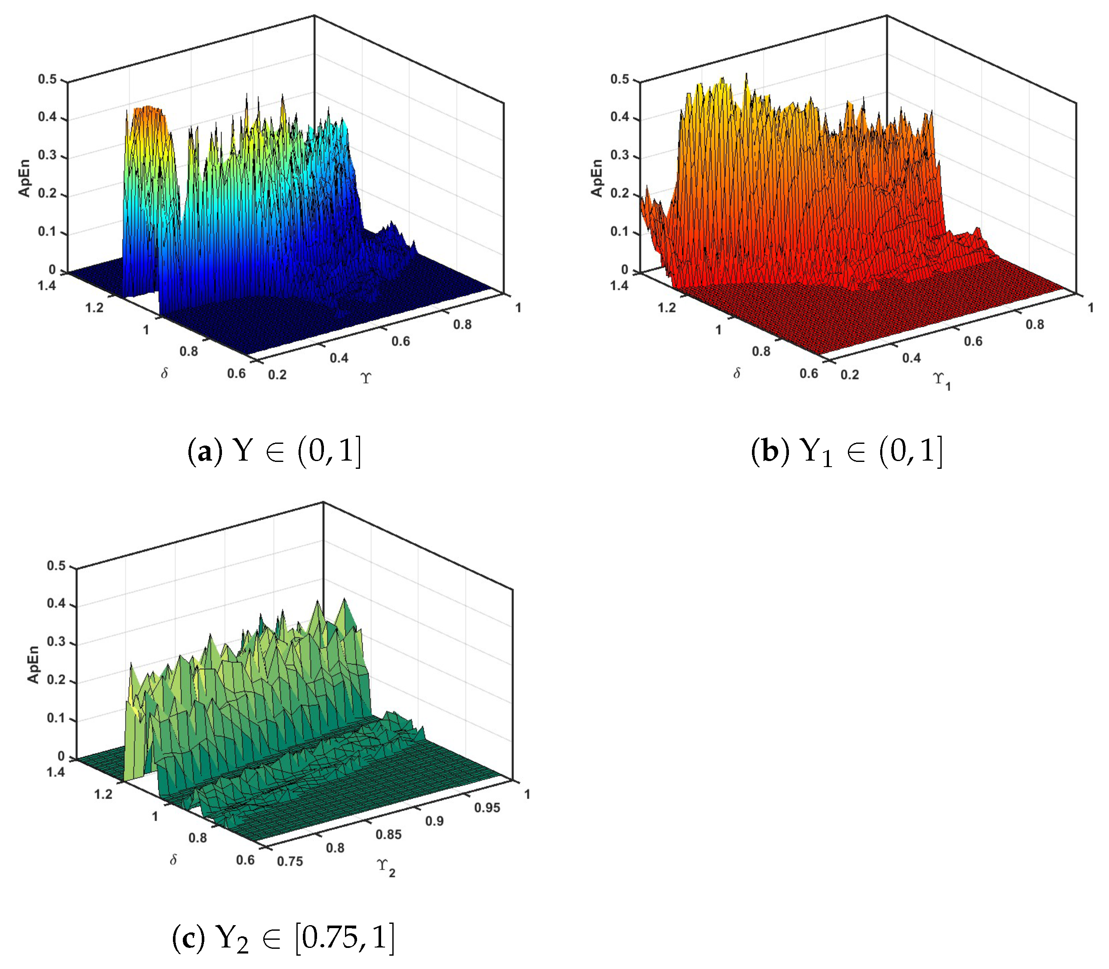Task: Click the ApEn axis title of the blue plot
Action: point(25,178)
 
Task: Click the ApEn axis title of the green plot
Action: point(34,664)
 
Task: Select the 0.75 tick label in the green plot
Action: point(290,861)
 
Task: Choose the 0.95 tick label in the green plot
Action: point(487,808)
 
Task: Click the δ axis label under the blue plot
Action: point(164,373)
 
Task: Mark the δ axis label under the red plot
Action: point(736,373)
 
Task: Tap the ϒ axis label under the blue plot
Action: point(366,378)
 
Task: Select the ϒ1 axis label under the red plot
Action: point(941,381)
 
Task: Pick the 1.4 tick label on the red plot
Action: point(619,286)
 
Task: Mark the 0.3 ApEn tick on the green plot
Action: point(56,642)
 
